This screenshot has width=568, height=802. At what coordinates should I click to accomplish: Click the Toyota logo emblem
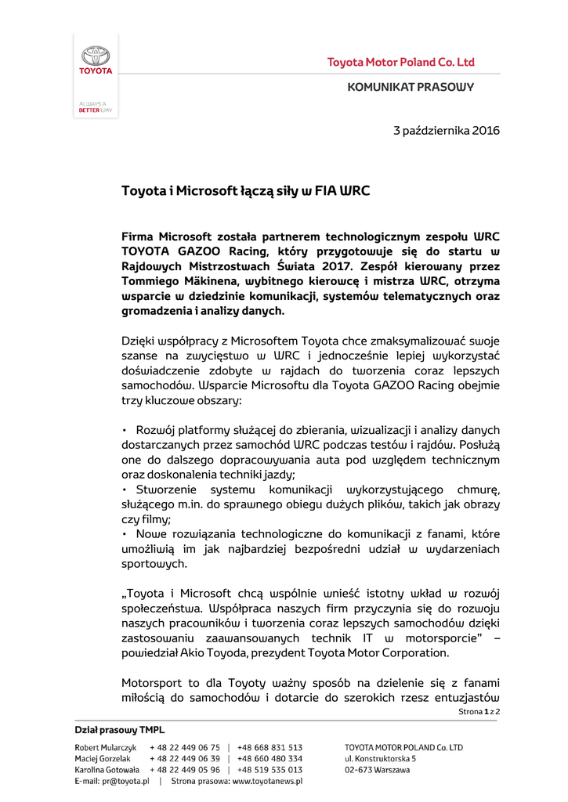[x=96, y=56]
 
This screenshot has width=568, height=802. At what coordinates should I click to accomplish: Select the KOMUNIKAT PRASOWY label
[x=411, y=87]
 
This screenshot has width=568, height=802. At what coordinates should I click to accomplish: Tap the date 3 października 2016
[x=446, y=130]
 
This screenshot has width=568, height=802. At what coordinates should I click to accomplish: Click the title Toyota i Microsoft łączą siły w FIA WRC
[x=246, y=190]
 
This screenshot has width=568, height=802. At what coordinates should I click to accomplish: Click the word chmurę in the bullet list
[x=472, y=490]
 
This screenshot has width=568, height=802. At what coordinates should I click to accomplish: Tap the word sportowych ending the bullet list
[x=154, y=564]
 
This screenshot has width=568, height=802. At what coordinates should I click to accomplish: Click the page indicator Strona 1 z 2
[x=479, y=711]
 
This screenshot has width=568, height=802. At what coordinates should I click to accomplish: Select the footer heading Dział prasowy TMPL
[x=120, y=730]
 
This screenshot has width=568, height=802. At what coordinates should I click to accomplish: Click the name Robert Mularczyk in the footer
[x=106, y=748]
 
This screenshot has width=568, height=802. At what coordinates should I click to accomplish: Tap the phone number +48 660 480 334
[x=270, y=759]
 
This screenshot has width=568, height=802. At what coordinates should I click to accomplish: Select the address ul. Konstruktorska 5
[x=381, y=759]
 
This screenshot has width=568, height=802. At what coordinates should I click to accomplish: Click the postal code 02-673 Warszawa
[x=378, y=770]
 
